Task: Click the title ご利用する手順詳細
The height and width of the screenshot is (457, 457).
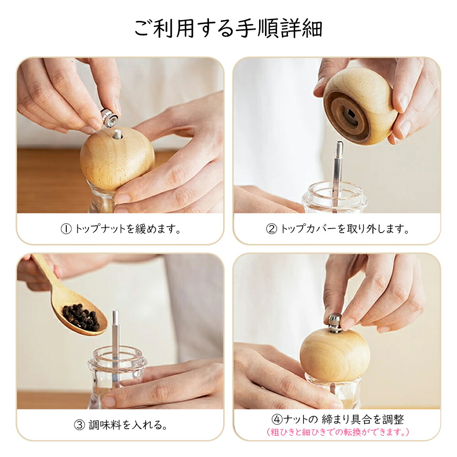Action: tap(228, 28)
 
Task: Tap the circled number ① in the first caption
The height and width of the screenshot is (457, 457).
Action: tap(66, 229)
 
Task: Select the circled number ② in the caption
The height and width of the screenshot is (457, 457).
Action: tap(271, 229)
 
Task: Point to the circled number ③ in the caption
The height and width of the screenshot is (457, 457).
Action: tap(80, 425)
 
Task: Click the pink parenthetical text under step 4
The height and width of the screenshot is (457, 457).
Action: tap(338, 432)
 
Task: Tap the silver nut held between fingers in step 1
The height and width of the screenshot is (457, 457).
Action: tap(110, 118)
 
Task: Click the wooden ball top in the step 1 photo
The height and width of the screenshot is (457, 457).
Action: tap(117, 159)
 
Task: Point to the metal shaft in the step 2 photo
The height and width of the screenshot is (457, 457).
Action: tap(338, 172)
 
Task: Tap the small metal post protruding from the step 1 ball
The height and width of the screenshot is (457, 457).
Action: tap(117, 134)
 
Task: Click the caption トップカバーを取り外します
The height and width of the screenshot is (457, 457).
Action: tap(345, 229)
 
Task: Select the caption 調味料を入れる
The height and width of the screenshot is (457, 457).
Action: tap(128, 425)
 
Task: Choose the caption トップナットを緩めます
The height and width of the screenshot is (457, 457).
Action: tap(128, 229)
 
